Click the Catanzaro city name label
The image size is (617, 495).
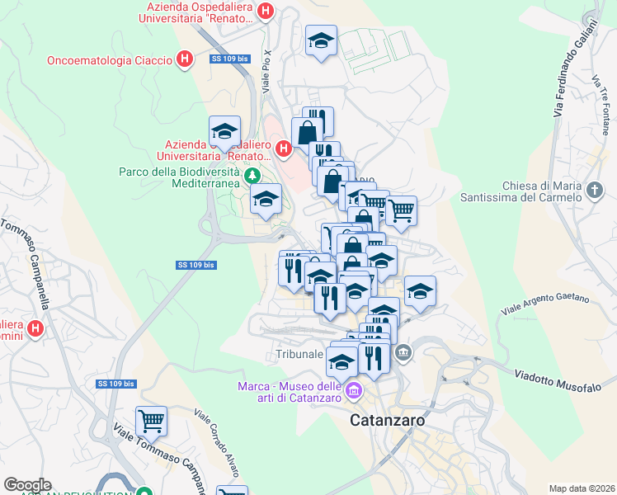pyautogui.click(x=387, y=419)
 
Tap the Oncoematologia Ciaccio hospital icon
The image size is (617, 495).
pyautogui.click(x=186, y=59)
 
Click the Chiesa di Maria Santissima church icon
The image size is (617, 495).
pyautogui.click(x=596, y=192)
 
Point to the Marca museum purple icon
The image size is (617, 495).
pyautogui.click(x=354, y=389)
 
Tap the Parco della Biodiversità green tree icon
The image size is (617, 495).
pyautogui.click(x=253, y=175)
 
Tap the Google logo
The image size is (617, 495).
pyautogui.click(x=28, y=485)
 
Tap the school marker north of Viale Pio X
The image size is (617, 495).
pyautogui.click(x=321, y=42)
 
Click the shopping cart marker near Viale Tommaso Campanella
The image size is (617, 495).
pyautogui.click(x=151, y=422)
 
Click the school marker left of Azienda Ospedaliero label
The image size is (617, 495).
pyautogui.click(x=224, y=130)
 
